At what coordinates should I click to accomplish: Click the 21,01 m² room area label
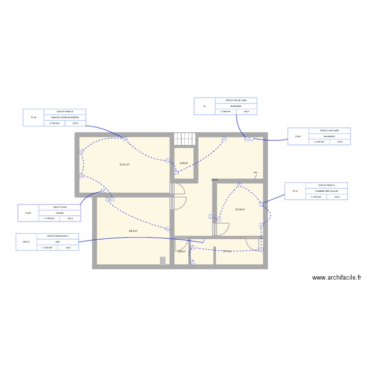(x=124, y=164)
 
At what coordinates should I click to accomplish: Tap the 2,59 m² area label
(x=184, y=163)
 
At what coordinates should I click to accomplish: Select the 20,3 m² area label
(x=133, y=231)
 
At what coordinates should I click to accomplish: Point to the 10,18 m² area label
(x=240, y=209)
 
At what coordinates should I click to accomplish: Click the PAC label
(x=255, y=173)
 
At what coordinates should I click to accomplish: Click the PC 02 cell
(x=34, y=118)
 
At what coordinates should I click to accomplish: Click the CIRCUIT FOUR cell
(x=60, y=207)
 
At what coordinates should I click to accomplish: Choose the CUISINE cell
(x=60, y=213)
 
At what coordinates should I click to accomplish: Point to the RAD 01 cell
(x=26, y=242)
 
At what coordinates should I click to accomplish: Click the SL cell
(x=205, y=106)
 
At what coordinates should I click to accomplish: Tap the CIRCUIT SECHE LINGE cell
(x=236, y=100)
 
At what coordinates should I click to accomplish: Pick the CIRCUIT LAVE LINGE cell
(x=329, y=130)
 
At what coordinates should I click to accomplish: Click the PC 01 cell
(x=295, y=191)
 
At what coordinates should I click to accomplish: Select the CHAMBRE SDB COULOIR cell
(x=326, y=191)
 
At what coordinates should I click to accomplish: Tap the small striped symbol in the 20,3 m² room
(x=163, y=261)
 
